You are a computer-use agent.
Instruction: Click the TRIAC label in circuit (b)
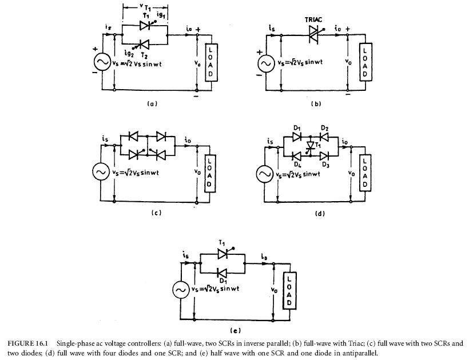tap(313, 20)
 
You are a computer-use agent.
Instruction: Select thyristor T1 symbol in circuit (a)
tap(146, 25)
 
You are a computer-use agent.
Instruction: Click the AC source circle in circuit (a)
tap(102, 62)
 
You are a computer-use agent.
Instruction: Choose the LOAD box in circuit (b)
tap(366, 62)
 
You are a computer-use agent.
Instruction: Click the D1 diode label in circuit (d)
tap(297, 129)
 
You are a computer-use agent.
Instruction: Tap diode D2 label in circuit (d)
tap(324, 129)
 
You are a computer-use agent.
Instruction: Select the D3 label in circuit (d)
tap(325, 165)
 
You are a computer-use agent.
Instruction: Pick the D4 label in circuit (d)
tap(297, 165)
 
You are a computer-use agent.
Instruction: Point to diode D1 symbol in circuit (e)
tap(222, 273)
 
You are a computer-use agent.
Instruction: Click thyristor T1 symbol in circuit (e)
tap(224, 254)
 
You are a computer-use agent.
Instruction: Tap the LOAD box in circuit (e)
tap(289, 291)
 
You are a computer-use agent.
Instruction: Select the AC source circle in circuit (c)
tap(101, 172)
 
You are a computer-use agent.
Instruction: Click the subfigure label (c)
tap(156, 213)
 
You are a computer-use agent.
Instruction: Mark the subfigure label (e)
tap(236, 331)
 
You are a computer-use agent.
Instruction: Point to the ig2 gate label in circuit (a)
tap(129, 54)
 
